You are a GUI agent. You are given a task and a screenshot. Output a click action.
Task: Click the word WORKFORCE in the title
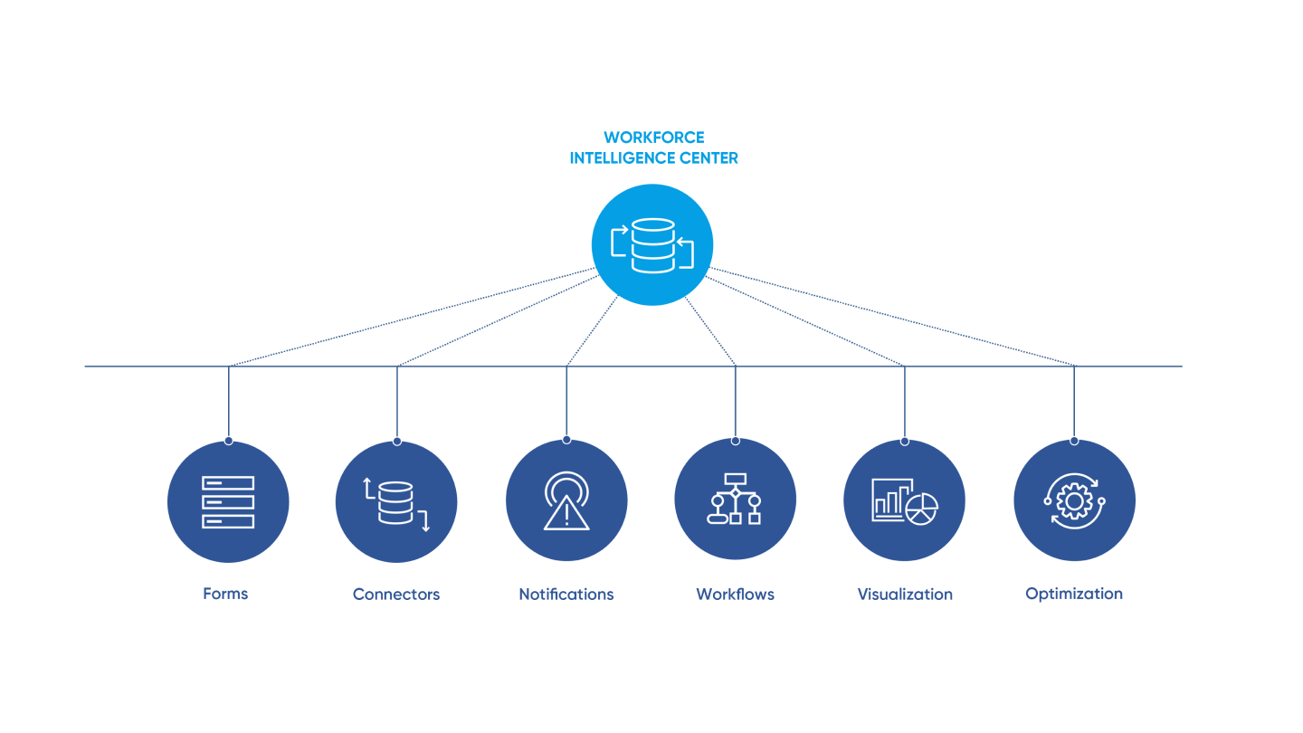tap(653, 138)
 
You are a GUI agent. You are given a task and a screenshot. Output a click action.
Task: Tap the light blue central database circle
tap(652, 244)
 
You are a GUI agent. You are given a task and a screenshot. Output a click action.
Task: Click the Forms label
tap(225, 595)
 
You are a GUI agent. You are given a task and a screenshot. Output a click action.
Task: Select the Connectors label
tap(396, 595)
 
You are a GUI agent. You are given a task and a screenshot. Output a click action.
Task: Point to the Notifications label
tap(566, 595)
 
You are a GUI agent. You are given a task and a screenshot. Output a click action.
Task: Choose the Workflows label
tap(735, 595)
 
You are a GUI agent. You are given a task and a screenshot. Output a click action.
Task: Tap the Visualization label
tap(905, 595)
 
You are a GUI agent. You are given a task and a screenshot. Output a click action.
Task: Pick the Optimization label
tap(1074, 595)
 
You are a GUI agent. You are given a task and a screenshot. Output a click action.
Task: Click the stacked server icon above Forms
tap(228, 501)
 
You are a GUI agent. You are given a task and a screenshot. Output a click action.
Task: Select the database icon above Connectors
tap(395, 502)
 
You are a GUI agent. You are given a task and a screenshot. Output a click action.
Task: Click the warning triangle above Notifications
tap(566, 513)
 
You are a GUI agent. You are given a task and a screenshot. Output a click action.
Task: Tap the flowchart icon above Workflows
tap(735, 499)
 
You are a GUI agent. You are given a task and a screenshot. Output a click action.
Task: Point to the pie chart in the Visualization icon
tap(921, 509)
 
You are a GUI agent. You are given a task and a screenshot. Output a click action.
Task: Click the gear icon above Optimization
tap(1074, 500)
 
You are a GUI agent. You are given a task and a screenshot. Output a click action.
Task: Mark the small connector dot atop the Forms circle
tap(228, 441)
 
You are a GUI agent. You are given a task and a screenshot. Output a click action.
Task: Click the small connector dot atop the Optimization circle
tap(1074, 441)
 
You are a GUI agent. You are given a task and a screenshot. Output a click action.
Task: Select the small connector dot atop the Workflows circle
tap(735, 441)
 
